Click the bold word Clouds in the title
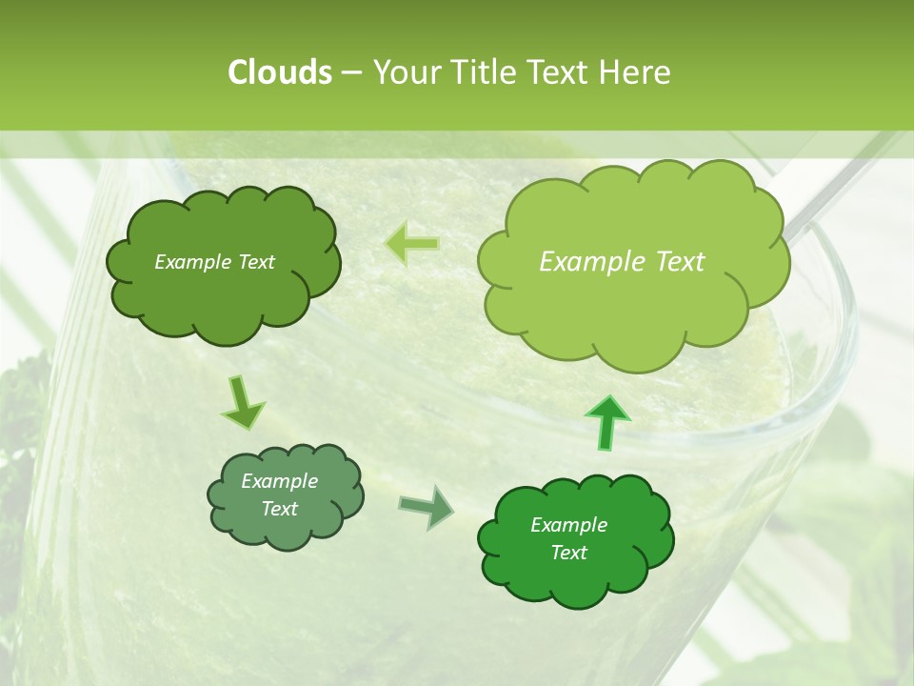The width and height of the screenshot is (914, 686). pyautogui.click(x=279, y=72)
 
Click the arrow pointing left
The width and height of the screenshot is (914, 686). pyautogui.click(x=411, y=244)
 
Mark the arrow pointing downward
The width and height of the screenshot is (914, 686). pyautogui.click(x=243, y=403)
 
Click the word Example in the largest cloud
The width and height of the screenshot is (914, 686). pyautogui.click(x=591, y=262)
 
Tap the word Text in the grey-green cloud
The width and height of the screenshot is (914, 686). pyautogui.click(x=280, y=509)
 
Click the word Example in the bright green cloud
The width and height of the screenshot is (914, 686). pyautogui.click(x=568, y=525)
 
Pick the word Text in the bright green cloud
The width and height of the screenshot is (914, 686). pyautogui.click(x=568, y=553)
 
